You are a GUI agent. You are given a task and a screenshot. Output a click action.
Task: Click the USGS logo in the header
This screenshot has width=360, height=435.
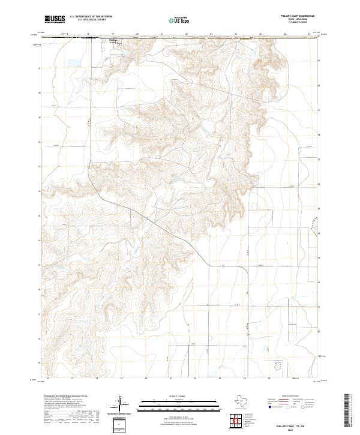(55, 19)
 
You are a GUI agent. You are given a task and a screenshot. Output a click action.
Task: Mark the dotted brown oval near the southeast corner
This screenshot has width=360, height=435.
(277, 364)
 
